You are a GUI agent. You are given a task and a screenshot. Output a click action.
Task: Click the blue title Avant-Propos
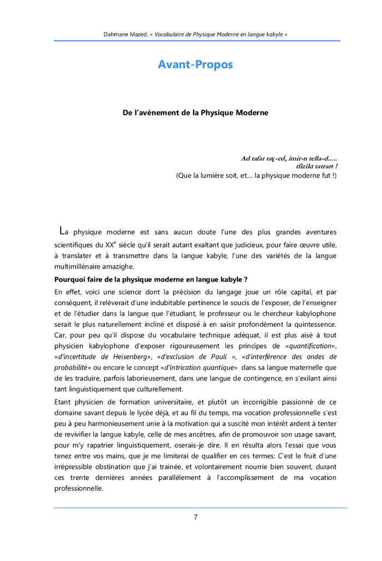click(195, 64)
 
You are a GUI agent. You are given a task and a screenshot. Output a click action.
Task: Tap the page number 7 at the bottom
click(195, 517)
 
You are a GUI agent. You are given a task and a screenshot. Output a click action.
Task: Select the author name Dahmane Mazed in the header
click(126, 34)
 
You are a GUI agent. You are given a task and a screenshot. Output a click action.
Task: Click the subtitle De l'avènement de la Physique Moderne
click(195, 113)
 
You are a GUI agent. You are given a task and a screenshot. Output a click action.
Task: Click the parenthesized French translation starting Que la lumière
click(256, 176)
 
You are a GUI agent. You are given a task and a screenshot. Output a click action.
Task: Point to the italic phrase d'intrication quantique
click(205, 368)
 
